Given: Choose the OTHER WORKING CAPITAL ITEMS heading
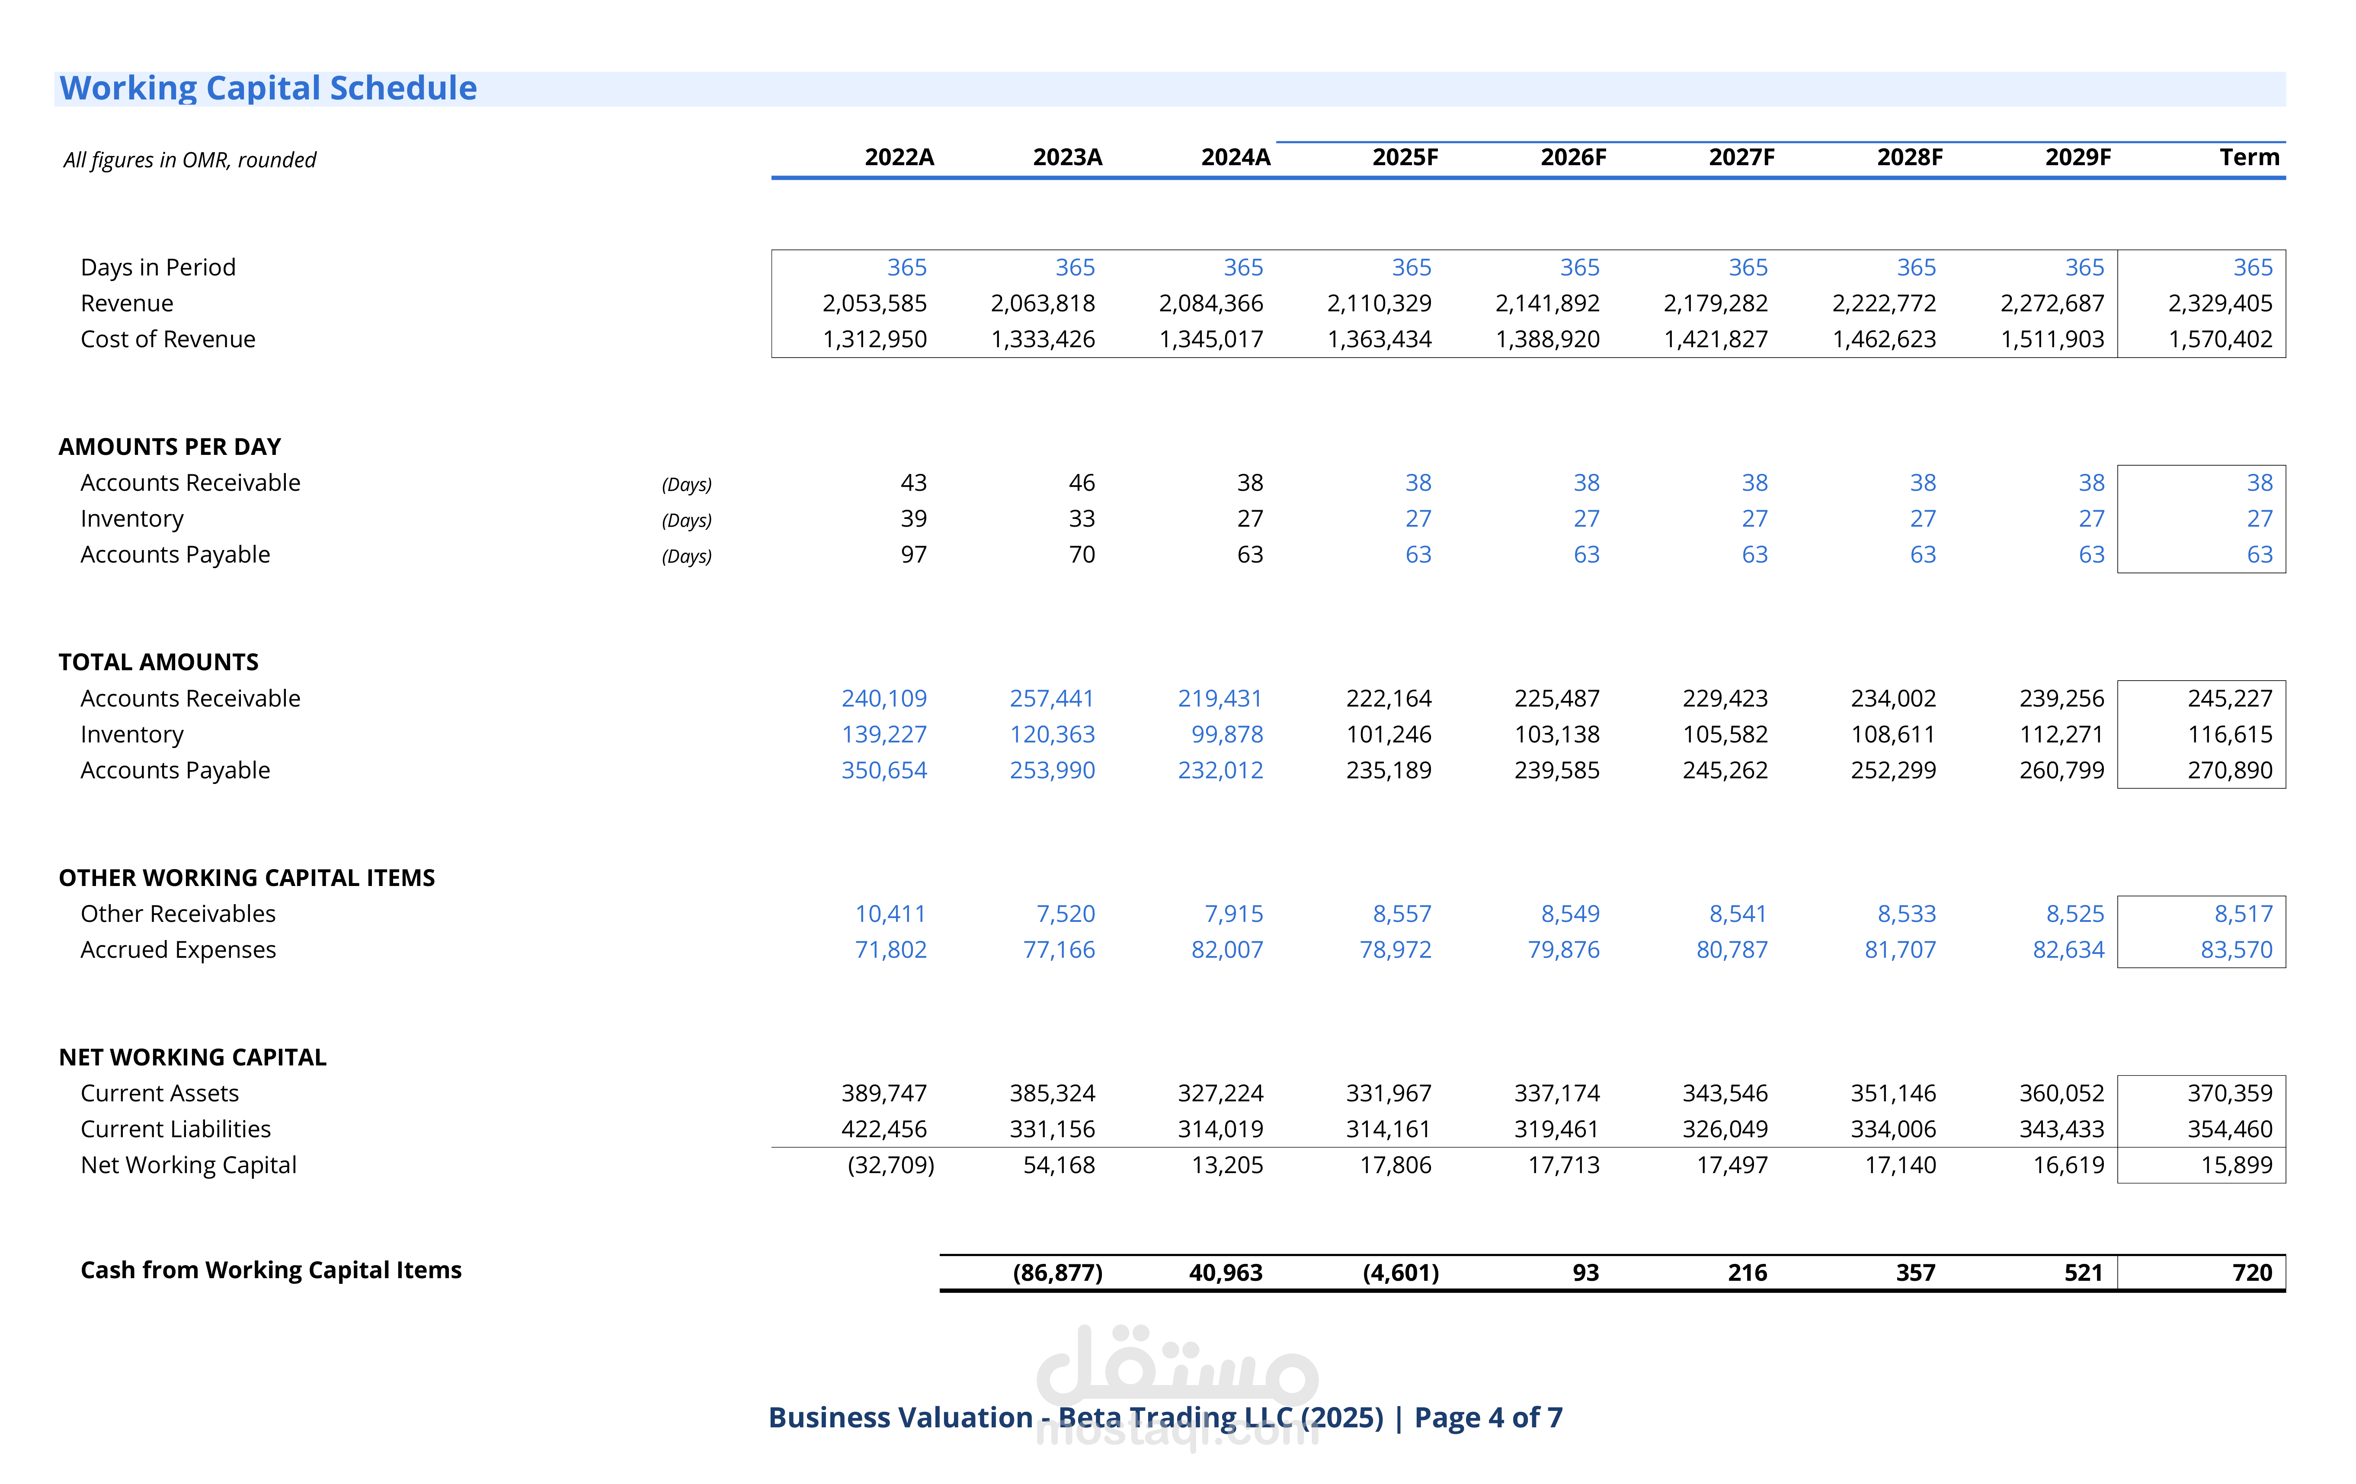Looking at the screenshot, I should coord(246,877).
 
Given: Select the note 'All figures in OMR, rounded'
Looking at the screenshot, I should coord(190,160).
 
